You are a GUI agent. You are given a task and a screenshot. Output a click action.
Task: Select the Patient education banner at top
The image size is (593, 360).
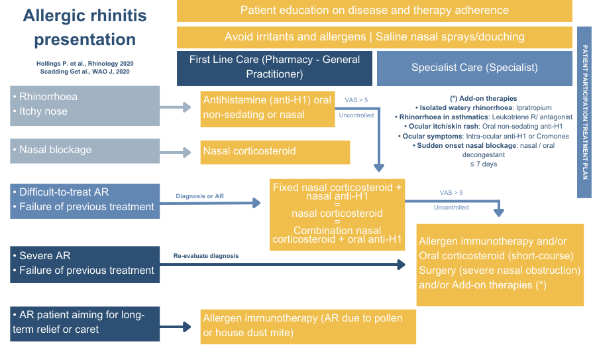[374, 11]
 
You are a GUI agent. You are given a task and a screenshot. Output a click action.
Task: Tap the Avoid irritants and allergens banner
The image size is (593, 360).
[374, 37]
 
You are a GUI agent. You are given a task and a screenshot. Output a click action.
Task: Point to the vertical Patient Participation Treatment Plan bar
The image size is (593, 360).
[584, 112]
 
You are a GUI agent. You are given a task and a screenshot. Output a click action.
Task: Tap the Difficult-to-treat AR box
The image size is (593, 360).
[85, 200]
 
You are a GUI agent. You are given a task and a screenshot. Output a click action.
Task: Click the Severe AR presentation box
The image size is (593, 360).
[85, 263]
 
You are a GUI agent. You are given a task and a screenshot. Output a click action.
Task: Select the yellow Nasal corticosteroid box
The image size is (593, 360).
[275, 151]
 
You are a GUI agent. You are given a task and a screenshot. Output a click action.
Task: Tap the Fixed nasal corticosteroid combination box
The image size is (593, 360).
[337, 214]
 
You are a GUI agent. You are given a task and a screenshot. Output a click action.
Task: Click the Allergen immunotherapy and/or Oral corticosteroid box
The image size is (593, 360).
[500, 264]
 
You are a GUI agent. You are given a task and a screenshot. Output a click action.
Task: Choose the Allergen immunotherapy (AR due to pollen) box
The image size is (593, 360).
[308, 326]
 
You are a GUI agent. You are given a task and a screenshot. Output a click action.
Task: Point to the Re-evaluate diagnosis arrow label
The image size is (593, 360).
[206, 255]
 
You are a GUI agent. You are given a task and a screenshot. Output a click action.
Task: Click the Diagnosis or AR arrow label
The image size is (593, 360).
[200, 196]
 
